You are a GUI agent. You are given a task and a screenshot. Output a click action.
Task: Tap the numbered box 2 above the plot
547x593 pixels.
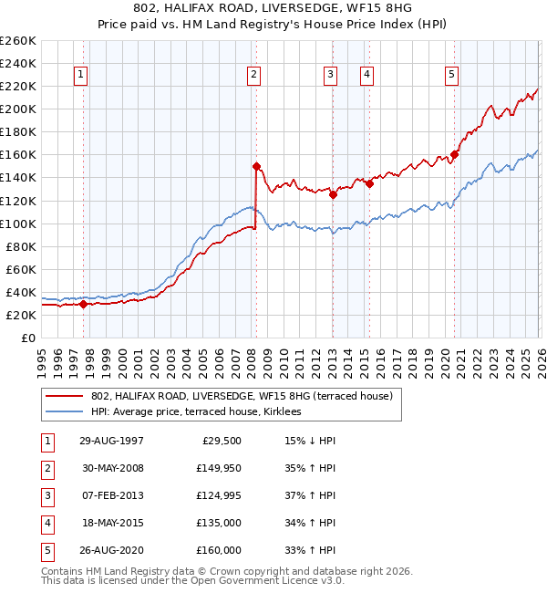(253, 75)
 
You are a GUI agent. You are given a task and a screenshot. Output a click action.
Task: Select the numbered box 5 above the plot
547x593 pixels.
(452, 75)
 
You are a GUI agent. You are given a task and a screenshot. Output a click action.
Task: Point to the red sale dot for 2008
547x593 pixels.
(256, 166)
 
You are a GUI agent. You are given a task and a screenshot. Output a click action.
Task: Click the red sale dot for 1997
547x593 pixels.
(83, 305)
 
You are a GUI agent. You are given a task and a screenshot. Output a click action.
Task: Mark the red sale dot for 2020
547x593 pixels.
(454, 154)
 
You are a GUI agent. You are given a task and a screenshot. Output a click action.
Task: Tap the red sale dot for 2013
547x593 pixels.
(333, 194)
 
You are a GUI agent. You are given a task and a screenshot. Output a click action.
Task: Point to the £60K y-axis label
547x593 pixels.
(21, 269)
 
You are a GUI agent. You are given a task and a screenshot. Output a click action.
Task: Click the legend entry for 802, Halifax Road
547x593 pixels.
(241, 396)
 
